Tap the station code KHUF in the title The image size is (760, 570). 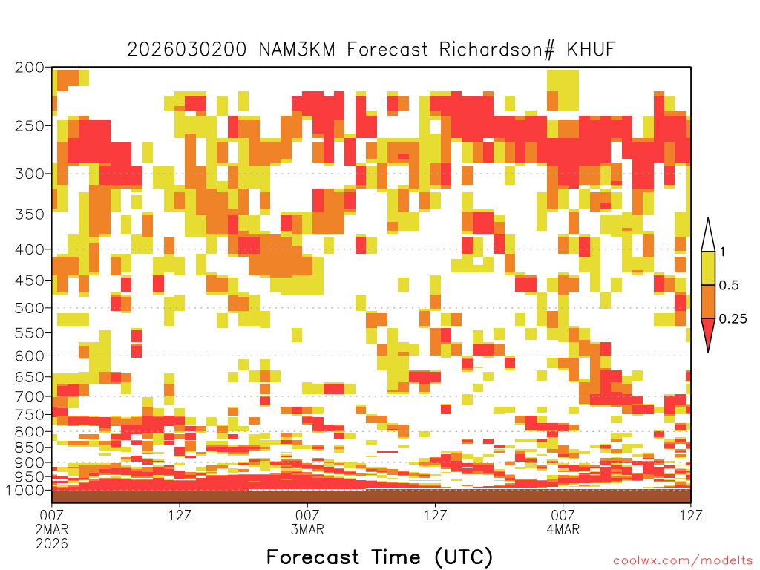[591, 49]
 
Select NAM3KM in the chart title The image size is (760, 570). [297, 49]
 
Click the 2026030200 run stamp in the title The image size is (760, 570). [186, 49]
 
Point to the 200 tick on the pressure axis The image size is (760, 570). [29, 68]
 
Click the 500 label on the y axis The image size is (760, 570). [29, 308]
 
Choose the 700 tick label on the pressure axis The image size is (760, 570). [29, 396]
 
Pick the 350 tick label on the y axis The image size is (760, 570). [29, 214]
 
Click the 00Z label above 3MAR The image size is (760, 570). [307, 515]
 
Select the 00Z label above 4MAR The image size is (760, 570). [563, 515]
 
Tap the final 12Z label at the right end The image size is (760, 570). [691, 515]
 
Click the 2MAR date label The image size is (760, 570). [52, 528]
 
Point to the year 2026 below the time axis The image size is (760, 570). [52, 543]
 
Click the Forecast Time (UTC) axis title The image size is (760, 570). [379, 557]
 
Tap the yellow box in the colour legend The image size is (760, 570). [708, 268]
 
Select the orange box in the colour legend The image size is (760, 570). [708, 301]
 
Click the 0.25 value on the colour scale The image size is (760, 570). [733, 319]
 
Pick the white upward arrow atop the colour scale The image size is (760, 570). [708, 235]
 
